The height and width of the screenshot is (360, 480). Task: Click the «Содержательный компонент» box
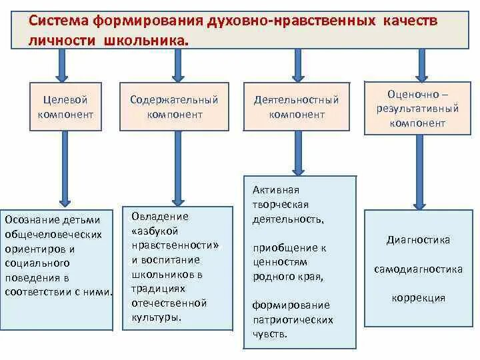click(175, 107)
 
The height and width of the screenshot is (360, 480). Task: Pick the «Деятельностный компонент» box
click(297, 107)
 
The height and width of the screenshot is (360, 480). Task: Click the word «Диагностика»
click(418, 240)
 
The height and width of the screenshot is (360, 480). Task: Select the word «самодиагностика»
click(418, 269)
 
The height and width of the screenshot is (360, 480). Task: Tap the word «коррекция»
click(418, 298)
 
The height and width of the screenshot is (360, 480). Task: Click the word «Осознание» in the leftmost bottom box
click(29, 219)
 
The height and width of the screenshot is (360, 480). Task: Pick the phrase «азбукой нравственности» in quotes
click(176, 238)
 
